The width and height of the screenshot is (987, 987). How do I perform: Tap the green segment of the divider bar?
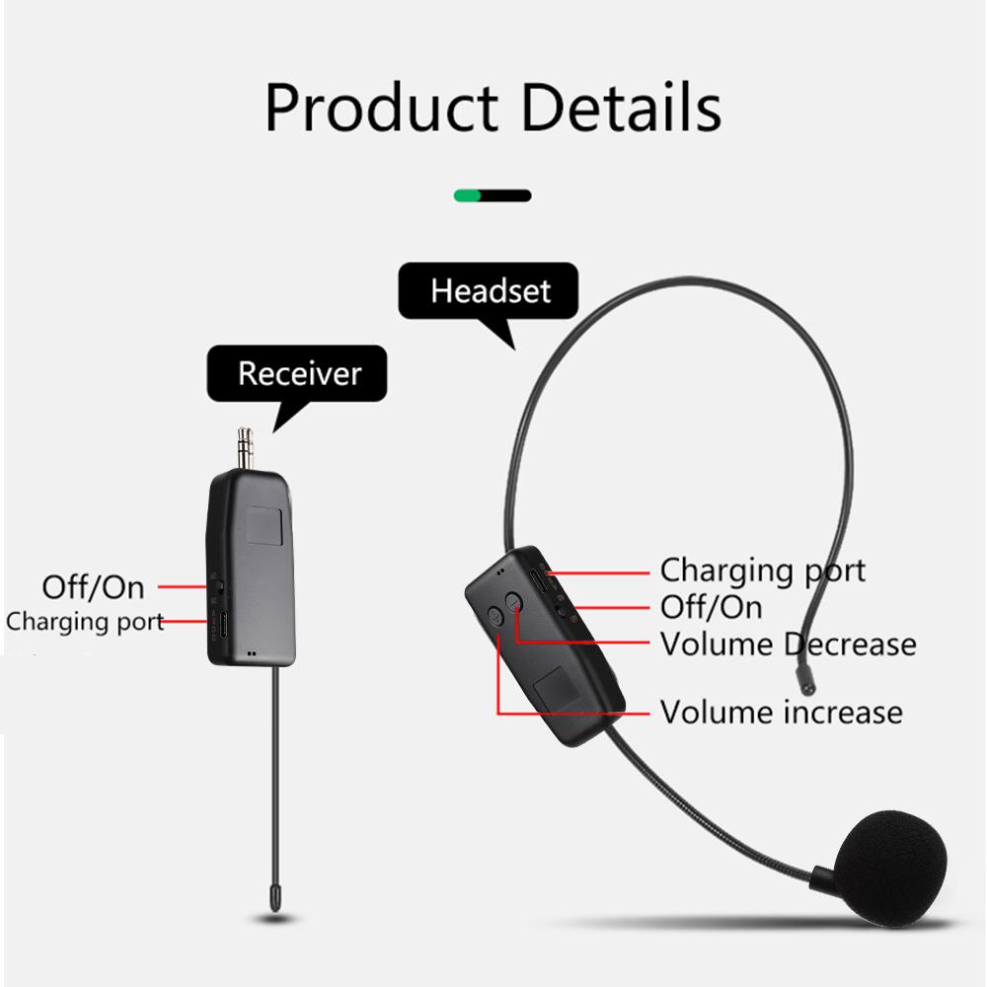(x=467, y=195)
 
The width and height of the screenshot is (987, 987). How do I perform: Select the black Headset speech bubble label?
(x=490, y=291)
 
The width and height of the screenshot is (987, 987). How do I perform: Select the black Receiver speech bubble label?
(x=297, y=373)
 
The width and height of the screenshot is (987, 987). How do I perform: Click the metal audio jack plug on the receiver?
(x=246, y=447)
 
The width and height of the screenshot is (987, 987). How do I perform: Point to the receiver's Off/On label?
(x=93, y=587)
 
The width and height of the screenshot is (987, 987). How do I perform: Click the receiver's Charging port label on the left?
(x=85, y=621)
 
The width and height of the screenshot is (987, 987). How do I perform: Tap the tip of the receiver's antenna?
(x=275, y=905)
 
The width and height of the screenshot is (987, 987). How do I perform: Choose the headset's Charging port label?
(x=762, y=570)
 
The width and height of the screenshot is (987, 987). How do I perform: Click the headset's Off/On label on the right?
(x=712, y=607)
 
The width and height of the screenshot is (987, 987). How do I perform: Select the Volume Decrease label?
(x=788, y=644)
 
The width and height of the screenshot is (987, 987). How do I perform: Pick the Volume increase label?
(x=781, y=712)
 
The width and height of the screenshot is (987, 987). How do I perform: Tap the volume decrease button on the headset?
(x=514, y=602)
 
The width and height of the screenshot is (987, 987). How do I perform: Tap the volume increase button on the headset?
(x=496, y=616)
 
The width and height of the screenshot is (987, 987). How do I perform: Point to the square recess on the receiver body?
(x=265, y=526)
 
